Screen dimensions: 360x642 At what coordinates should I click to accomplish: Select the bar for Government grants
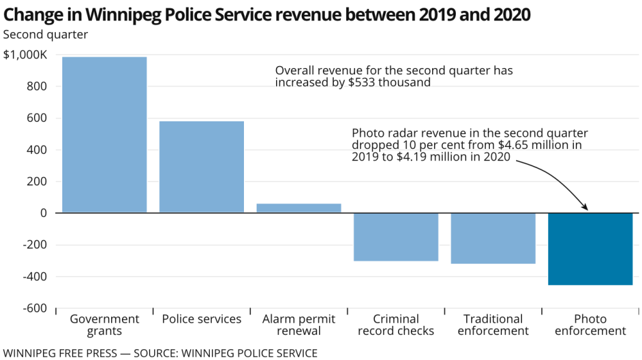(x=105, y=135)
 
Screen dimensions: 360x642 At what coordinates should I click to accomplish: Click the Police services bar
(x=202, y=167)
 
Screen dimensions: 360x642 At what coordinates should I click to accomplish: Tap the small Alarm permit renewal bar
(x=299, y=208)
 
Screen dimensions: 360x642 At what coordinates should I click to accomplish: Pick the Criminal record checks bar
(x=395, y=237)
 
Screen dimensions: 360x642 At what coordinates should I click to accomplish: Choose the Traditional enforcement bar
(x=493, y=238)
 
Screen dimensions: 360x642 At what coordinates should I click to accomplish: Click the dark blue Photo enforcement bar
(x=590, y=249)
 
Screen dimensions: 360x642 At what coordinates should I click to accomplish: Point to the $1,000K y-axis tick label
(x=25, y=55)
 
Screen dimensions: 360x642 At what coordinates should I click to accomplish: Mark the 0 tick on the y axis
(x=44, y=213)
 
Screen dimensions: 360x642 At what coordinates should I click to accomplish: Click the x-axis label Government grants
(x=105, y=325)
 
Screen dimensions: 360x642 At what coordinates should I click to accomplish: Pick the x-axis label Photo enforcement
(x=590, y=325)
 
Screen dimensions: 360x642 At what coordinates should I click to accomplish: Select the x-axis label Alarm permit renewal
(x=299, y=325)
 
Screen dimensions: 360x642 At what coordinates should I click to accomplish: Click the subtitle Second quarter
(x=46, y=34)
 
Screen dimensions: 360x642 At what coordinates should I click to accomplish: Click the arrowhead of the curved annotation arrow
(x=586, y=207)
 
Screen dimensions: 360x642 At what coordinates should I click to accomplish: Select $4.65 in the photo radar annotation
(x=505, y=145)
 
